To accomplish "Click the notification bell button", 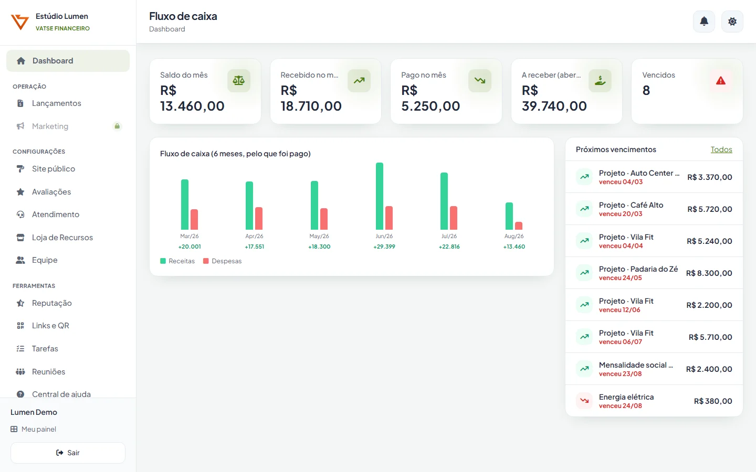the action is pyautogui.click(x=703, y=22).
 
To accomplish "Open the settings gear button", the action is pyautogui.click(x=732, y=22).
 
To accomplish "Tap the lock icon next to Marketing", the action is pyautogui.click(x=117, y=126).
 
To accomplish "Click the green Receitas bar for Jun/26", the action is pyautogui.click(x=380, y=196).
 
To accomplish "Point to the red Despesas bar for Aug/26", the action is pyautogui.click(x=519, y=226).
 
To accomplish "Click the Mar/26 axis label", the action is pyautogui.click(x=190, y=236).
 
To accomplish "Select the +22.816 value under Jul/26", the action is pyautogui.click(x=449, y=246).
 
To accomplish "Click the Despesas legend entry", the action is pyautogui.click(x=223, y=261).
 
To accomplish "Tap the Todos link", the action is pyautogui.click(x=721, y=149).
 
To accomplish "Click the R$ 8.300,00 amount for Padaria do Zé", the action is pyautogui.click(x=709, y=273).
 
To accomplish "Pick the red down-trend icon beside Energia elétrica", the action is pyautogui.click(x=584, y=401).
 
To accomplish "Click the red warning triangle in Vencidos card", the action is pyautogui.click(x=720, y=81).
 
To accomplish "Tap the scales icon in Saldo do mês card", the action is pyautogui.click(x=238, y=81).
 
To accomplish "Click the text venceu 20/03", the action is pyautogui.click(x=621, y=214).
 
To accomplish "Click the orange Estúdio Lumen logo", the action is pyautogui.click(x=19, y=22).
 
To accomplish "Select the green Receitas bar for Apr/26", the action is pyautogui.click(x=249, y=206).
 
